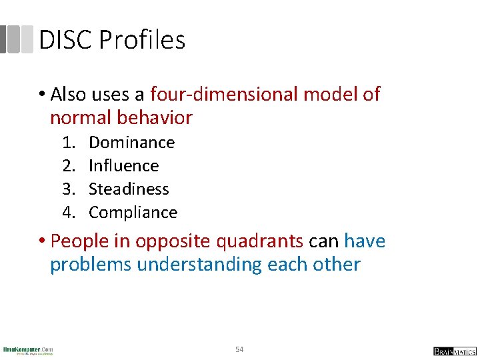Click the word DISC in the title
tap(65, 41)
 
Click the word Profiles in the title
tap(142, 41)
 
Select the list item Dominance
tap(131, 143)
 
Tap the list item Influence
tap(123, 166)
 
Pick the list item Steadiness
tap(129, 189)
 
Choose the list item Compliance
tap(133, 213)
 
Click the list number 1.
tap(68, 143)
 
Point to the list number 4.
tap(68, 213)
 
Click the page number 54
tap(240, 349)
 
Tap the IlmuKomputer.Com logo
tap(28, 350)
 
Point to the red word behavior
tap(154, 119)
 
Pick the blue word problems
tap(91, 265)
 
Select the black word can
tap(323, 241)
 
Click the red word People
tap(77, 241)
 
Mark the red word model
tap(330, 95)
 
